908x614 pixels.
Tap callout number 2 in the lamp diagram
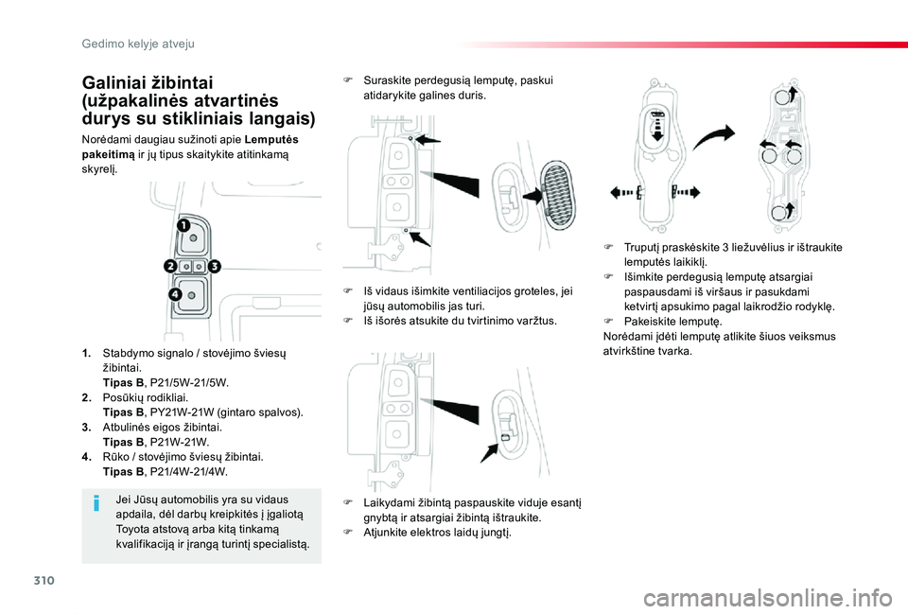point(170,267)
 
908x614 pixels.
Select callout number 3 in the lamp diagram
point(214,267)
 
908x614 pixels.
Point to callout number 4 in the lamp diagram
point(176,296)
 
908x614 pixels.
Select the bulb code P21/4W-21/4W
point(189,471)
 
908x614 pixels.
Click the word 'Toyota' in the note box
point(132,530)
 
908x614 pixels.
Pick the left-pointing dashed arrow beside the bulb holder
point(624,192)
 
